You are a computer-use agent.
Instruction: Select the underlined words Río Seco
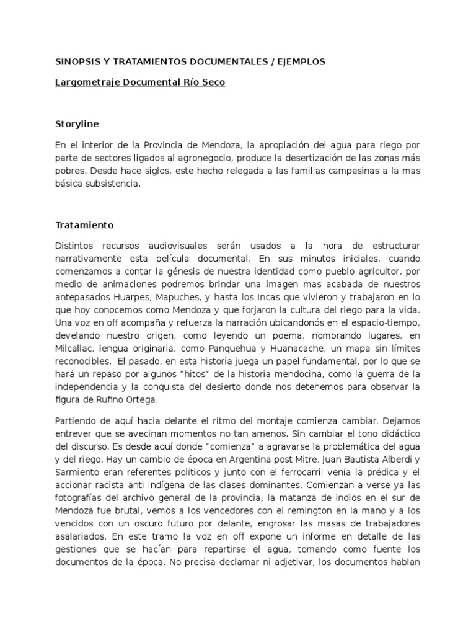pyautogui.click(x=204, y=82)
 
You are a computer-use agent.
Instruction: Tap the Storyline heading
pyautogui.click(x=77, y=123)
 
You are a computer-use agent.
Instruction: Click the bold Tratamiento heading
pyautogui.click(x=84, y=225)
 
